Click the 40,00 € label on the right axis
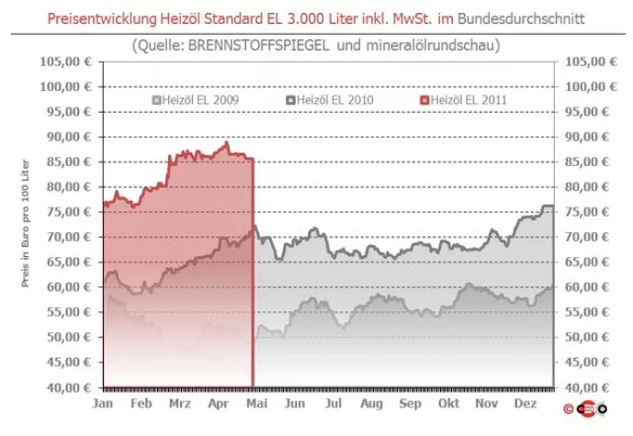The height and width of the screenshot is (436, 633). tap(588, 387)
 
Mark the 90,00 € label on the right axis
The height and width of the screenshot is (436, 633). tap(588, 137)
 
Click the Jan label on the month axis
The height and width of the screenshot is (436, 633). tap(103, 404)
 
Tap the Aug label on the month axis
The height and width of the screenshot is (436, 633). tap(372, 404)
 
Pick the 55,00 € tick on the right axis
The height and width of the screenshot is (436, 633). tap(588, 312)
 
